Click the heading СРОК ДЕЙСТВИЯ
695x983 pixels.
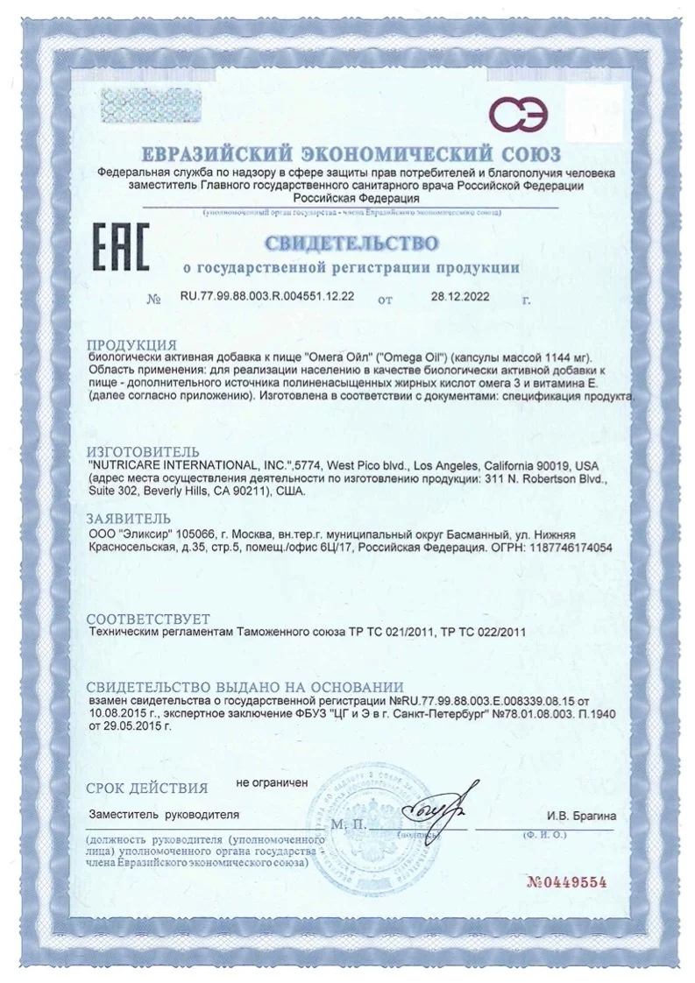(x=148, y=787)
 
